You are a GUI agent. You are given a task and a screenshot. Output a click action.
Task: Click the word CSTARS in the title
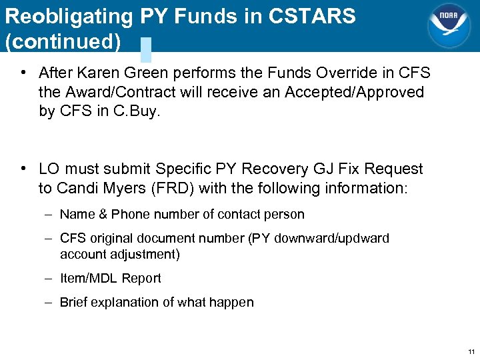coord(312,16)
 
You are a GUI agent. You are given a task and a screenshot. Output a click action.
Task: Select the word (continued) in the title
coord(63,41)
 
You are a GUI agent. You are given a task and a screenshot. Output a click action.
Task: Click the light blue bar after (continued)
coord(146,49)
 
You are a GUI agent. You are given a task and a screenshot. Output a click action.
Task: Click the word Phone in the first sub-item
coord(130,214)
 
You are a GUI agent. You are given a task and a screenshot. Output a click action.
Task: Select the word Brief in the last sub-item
coord(75,302)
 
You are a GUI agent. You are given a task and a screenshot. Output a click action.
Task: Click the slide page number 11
coord(471,351)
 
